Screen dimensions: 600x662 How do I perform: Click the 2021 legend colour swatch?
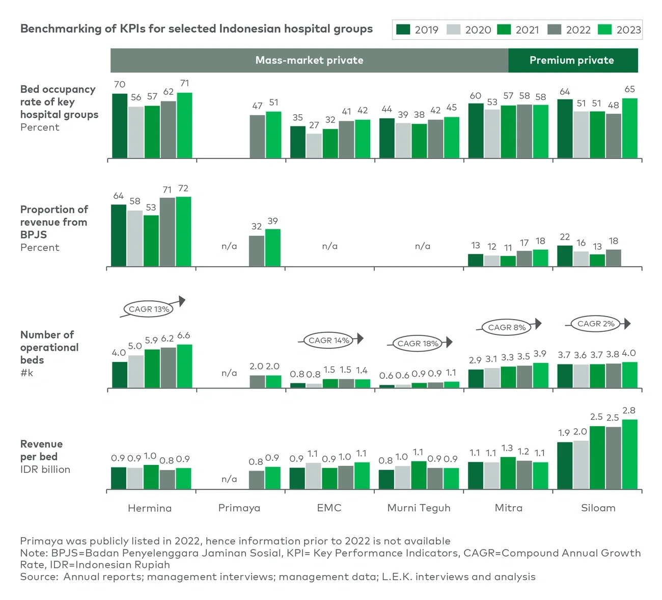pyautogui.click(x=504, y=30)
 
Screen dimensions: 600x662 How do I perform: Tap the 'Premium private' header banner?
pyautogui.click(x=572, y=60)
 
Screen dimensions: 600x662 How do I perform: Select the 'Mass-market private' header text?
pyautogui.click(x=309, y=60)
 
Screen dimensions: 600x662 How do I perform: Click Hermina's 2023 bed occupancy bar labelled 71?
pyautogui.click(x=184, y=125)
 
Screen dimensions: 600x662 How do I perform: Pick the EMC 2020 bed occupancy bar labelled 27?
pyautogui.click(x=314, y=146)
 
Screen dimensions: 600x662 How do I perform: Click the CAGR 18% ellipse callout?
pyautogui.click(x=418, y=343)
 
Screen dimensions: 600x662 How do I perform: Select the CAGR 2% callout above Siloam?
pyautogui.click(x=595, y=323)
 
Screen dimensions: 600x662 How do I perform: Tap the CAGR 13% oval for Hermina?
pyautogui.click(x=148, y=309)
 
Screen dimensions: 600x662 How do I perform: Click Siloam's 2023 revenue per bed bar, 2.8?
pyautogui.click(x=629, y=454)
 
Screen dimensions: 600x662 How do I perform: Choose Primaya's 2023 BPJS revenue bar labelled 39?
pyautogui.click(x=272, y=248)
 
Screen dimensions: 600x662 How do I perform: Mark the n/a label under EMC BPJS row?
pyautogui.click(x=329, y=246)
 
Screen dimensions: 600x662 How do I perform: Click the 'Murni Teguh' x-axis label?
pyautogui.click(x=419, y=508)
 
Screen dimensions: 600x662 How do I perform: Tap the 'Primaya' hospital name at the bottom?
pyautogui.click(x=239, y=508)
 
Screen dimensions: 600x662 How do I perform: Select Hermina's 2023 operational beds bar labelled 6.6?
pyautogui.click(x=184, y=366)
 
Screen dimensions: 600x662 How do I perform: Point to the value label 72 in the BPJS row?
pyautogui.click(x=183, y=189)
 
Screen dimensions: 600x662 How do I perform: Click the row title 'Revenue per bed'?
pyautogui.click(x=41, y=450)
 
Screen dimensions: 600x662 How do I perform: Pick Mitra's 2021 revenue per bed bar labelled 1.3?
pyautogui.click(x=508, y=473)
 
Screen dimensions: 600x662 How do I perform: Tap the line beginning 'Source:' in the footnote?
pyautogui.click(x=278, y=577)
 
